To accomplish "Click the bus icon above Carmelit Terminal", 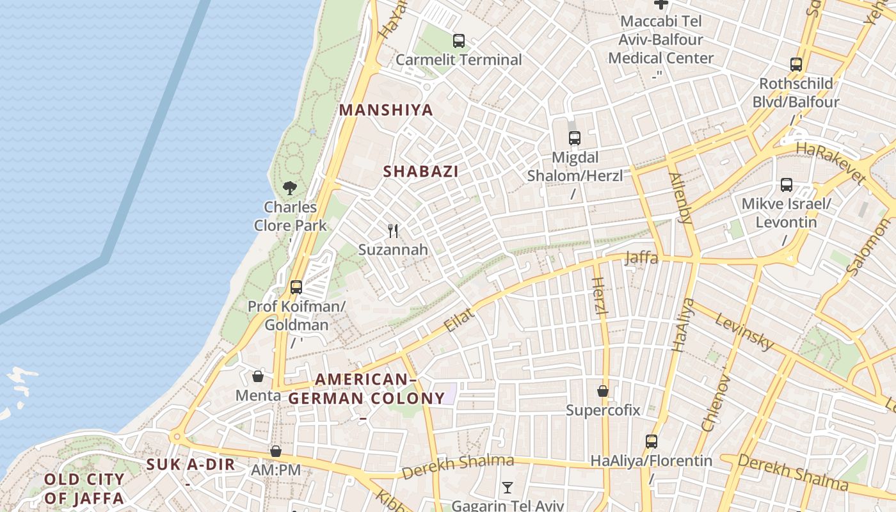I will tap(459, 41).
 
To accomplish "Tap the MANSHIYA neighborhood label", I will tap(386, 110).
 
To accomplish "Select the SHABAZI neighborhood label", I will tap(420, 172).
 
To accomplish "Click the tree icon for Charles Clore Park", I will tap(290, 188).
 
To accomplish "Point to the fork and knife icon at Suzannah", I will tap(393, 230).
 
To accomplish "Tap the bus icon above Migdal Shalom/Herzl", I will tap(575, 138).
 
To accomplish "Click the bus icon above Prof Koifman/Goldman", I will tap(296, 287).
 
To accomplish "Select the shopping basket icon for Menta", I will tap(258, 376).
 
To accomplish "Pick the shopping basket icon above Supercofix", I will tap(603, 390).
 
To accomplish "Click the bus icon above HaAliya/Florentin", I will tap(652, 441).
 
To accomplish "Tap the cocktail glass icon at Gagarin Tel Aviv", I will tap(507, 488).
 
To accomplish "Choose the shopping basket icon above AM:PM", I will tap(276, 451).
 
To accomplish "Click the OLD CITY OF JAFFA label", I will tap(84, 488).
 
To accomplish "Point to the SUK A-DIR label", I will tap(191, 465).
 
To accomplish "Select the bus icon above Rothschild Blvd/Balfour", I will tap(796, 65).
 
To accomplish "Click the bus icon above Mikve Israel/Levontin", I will tap(787, 185).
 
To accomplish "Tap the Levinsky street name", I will tap(744, 331).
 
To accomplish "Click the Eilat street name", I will tap(460, 320).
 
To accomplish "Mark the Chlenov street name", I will tap(716, 403).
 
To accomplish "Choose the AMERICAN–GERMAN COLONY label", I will tap(366, 388).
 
